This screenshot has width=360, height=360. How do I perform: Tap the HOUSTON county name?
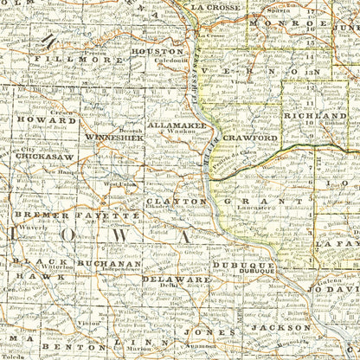point(158,52)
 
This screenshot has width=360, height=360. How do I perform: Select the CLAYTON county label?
point(176,201)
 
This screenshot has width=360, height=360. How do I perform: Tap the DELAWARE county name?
point(176,280)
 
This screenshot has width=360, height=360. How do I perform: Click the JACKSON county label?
point(275,328)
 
